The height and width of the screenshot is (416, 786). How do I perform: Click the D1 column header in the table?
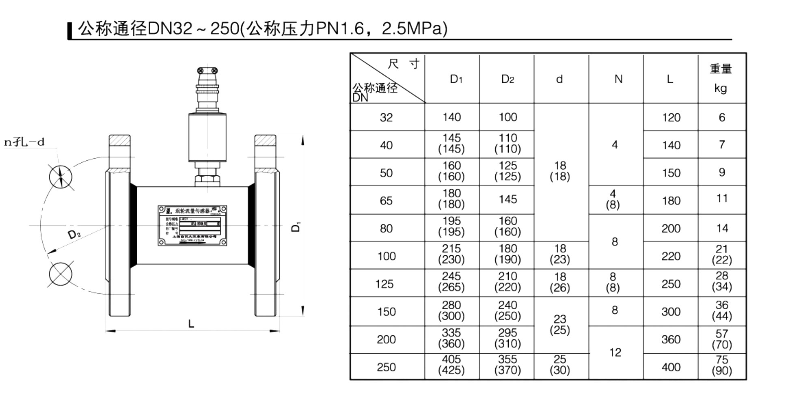click(x=456, y=79)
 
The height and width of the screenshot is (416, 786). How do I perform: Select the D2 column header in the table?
click(x=507, y=79)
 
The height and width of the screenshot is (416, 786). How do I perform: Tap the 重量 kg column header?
click(x=721, y=78)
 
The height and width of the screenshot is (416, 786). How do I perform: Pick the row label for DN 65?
click(x=386, y=200)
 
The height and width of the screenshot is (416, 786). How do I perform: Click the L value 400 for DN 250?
click(x=671, y=367)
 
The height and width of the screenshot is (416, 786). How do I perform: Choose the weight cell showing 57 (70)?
click(x=721, y=339)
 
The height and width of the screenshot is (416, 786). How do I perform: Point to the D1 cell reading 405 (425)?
click(x=451, y=365)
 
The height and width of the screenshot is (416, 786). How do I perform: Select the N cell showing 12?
click(x=615, y=352)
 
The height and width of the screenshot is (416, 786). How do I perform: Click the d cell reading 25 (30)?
click(x=559, y=365)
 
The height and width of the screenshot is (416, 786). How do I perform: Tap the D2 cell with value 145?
click(x=507, y=199)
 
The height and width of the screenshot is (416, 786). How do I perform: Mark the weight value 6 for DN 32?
click(x=721, y=117)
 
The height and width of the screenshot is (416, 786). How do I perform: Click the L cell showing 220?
click(x=671, y=256)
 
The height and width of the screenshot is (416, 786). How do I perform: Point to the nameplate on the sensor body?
click(x=192, y=226)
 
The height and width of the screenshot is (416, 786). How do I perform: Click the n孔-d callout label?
click(x=24, y=142)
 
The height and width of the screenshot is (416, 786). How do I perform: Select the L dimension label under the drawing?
click(x=191, y=324)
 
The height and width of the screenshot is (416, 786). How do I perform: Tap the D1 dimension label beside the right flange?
click(x=296, y=227)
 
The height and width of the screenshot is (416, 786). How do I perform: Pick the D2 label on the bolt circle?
click(x=74, y=234)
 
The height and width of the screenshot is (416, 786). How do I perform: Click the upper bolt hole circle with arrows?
click(x=60, y=177)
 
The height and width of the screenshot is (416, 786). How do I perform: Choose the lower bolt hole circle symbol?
click(x=60, y=274)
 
